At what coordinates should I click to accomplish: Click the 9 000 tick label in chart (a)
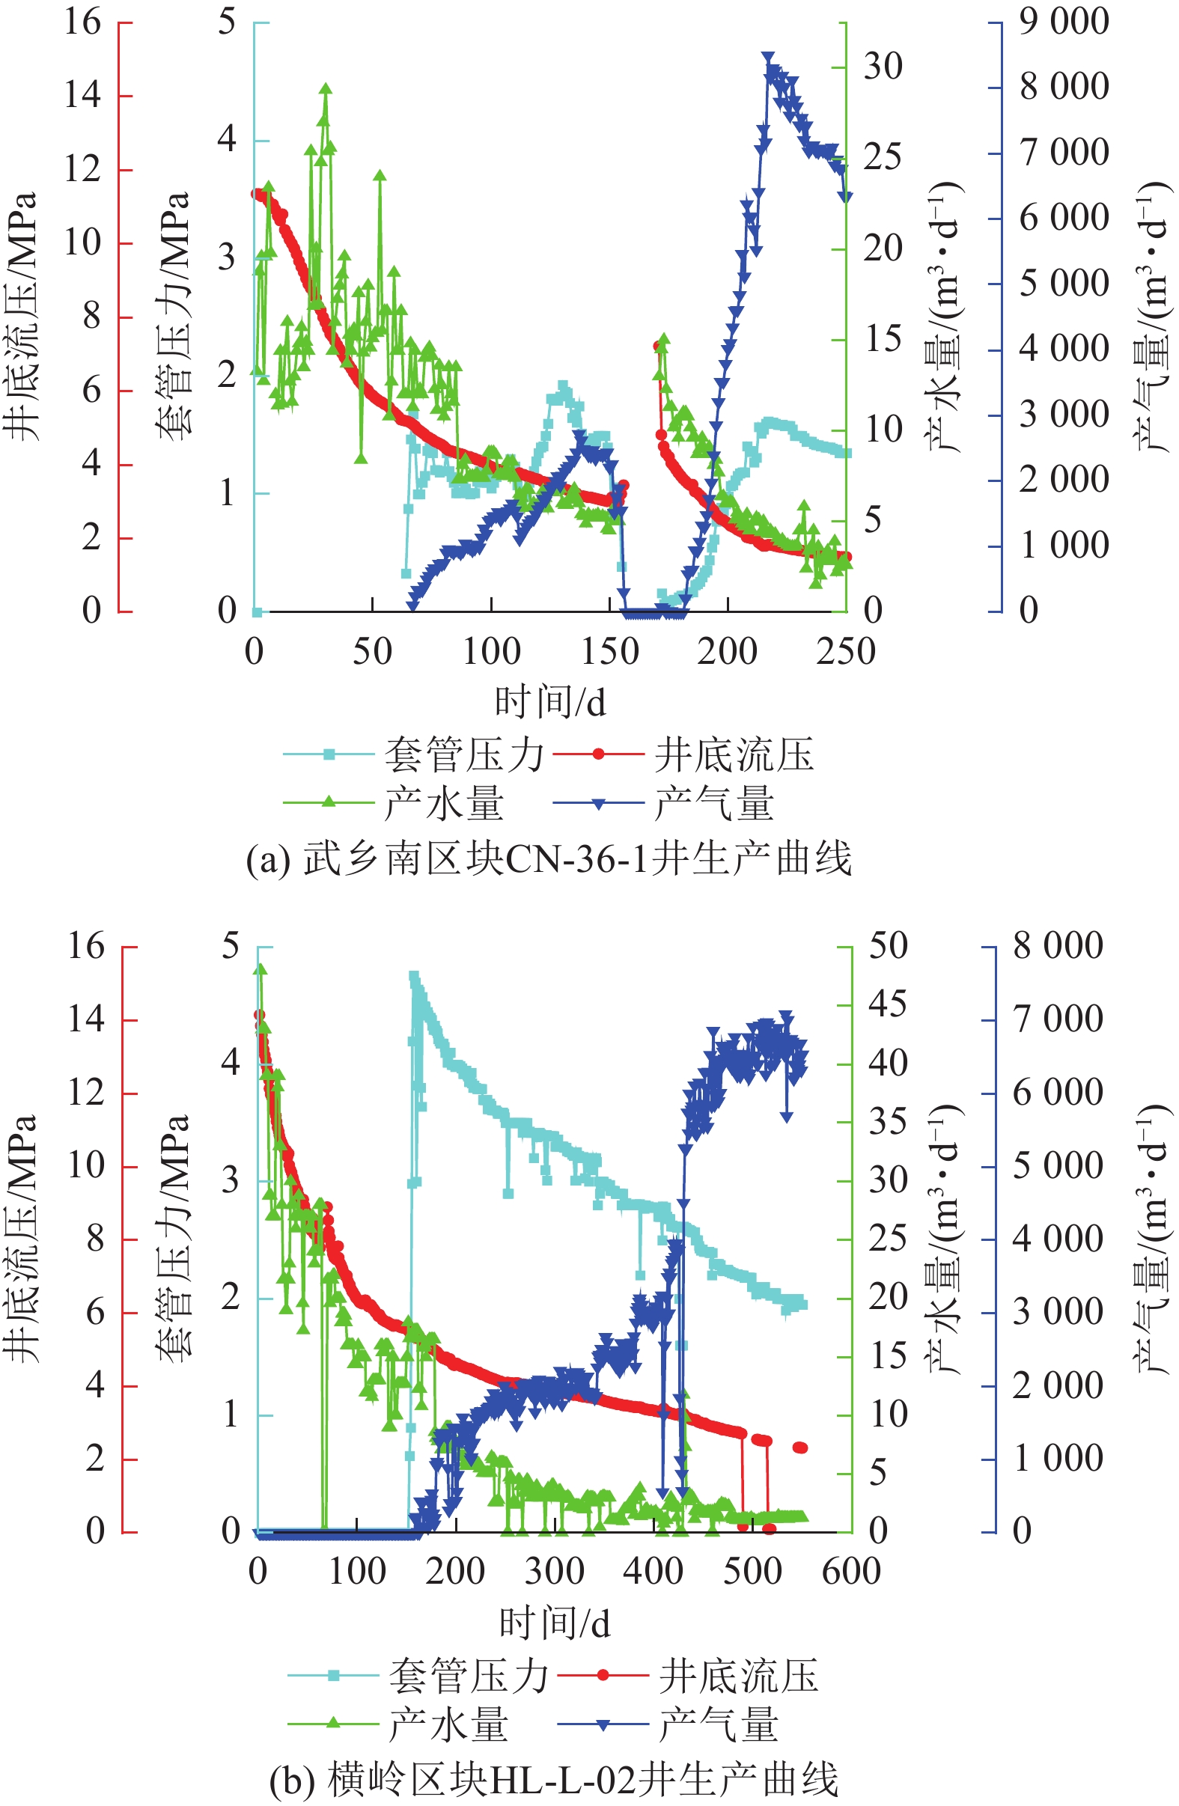[x=1063, y=21]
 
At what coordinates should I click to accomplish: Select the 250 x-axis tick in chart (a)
[x=846, y=652]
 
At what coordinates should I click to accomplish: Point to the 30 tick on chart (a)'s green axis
[x=883, y=67]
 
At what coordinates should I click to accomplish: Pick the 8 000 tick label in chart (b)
[x=1058, y=945]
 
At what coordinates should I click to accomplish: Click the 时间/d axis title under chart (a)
[x=550, y=702]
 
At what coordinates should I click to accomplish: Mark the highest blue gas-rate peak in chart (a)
[x=768, y=58]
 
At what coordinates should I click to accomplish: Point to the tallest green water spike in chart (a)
[x=326, y=89]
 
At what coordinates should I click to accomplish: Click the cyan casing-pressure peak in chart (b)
[x=414, y=977]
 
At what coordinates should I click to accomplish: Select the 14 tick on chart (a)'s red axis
[x=83, y=96]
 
